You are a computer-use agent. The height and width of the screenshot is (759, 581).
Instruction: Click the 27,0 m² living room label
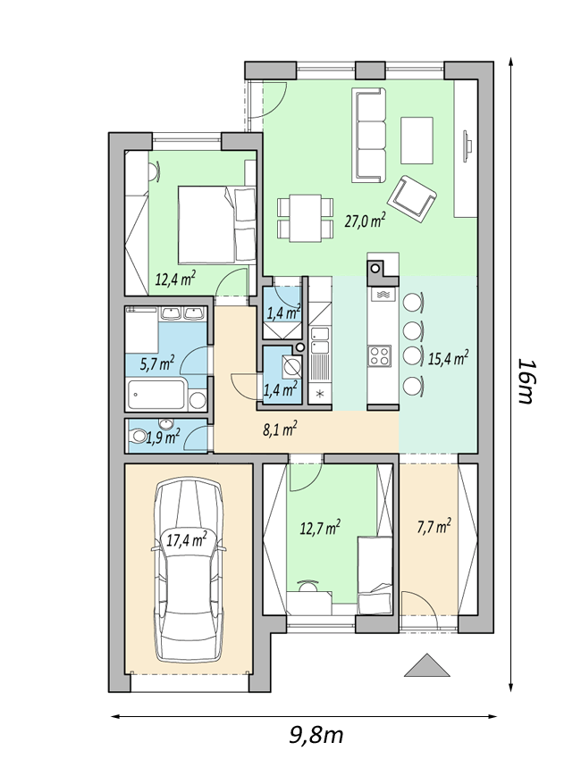pyautogui.click(x=365, y=221)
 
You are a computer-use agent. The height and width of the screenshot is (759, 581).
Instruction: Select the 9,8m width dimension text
pyautogui.click(x=316, y=735)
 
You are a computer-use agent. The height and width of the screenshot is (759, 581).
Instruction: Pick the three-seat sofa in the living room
pyautogui.click(x=369, y=135)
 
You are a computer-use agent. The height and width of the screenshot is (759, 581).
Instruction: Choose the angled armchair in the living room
pyautogui.click(x=412, y=198)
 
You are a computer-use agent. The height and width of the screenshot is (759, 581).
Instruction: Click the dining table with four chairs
pyautogui.click(x=306, y=218)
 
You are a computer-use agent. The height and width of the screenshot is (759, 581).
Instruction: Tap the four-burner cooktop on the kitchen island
pyautogui.click(x=380, y=355)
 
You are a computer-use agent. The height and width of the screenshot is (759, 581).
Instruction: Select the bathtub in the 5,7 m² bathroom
pyautogui.click(x=156, y=395)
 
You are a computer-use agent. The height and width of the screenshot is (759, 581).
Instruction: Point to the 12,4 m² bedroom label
pyautogui.click(x=175, y=279)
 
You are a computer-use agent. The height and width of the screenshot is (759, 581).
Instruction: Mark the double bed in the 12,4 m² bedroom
pyautogui.click(x=217, y=224)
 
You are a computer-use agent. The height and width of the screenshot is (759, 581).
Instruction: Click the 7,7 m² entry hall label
pyautogui.click(x=434, y=526)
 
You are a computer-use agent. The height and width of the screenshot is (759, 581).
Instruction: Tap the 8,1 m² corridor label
pyautogui.click(x=280, y=429)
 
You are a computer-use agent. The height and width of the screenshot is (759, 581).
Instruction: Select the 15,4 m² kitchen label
pyautogui.click(x=448, y=359)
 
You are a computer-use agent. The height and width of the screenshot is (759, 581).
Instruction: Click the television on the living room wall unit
pyautogui.click(x=467, y=146)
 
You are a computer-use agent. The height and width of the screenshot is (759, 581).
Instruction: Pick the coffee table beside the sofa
pyautogui.click(x=417, y=141)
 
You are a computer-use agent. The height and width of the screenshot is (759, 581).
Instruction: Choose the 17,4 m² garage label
pyautogui.click(x=187, y=539)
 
